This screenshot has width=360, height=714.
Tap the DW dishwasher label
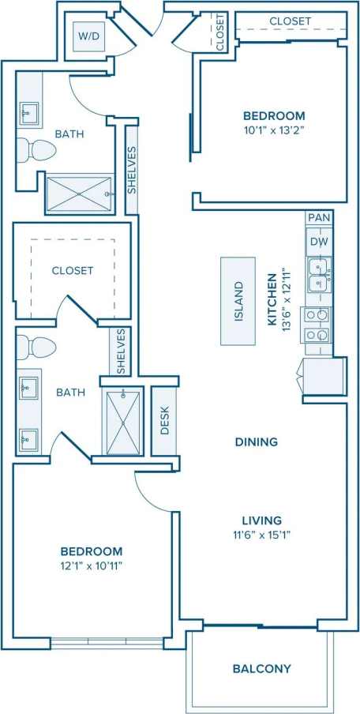click(318, 242)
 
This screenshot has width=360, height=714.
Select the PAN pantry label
click(318, 217)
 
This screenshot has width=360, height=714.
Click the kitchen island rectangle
click(238, 301)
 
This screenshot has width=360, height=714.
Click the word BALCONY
click(261, 668)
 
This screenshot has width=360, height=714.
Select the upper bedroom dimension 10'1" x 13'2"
click(274, 130)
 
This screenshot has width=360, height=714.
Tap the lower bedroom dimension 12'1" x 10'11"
click(92, 566)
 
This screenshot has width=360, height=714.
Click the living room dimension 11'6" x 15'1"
click(261, 535)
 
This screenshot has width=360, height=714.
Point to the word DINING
click(257, 442)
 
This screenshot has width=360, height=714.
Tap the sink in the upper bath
click(30, 114)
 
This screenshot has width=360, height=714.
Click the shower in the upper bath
click(79, 193)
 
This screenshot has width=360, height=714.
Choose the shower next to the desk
click(122, 422)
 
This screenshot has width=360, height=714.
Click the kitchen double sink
click(319, 273)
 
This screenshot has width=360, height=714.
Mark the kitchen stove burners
click(318, 325)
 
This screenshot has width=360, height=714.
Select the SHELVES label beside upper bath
click(132, 170)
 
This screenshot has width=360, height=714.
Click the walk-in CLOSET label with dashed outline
click(73, 270)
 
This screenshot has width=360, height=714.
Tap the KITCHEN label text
click(271, 299)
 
